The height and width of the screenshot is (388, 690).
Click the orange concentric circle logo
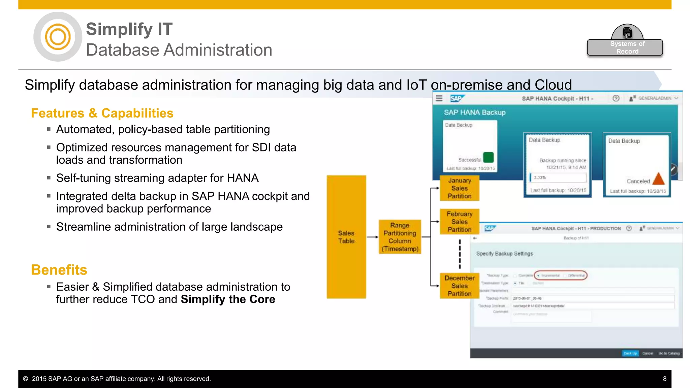(58, 37)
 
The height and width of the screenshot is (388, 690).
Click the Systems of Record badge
(625, 47)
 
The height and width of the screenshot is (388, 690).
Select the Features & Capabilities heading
(102, 114)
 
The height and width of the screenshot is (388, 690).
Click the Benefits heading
(59, 270)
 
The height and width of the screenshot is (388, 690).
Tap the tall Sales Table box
(346, 237)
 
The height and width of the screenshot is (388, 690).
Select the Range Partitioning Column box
(400, 237)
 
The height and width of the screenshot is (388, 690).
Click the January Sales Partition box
(459, 188)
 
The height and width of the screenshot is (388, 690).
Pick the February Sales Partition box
(459, 222)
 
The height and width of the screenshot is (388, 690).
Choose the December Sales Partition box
(459, 286)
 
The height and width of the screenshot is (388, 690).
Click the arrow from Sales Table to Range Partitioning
(372, 237)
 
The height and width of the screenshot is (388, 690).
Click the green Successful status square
(488, 157)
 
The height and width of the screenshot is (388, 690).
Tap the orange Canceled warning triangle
(658, 179)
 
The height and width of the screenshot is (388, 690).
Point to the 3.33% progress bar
(558, 177)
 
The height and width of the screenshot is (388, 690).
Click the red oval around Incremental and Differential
(561, 276)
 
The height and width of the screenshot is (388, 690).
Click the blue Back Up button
(630, 353)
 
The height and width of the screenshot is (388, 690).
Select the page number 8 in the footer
(664, 379)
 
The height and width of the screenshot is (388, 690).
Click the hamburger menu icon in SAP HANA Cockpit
(439, 98)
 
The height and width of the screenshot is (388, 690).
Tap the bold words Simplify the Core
(228, 299)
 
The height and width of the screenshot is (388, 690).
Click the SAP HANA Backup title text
(474, 112)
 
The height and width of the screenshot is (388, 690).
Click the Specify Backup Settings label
(504, 254)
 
